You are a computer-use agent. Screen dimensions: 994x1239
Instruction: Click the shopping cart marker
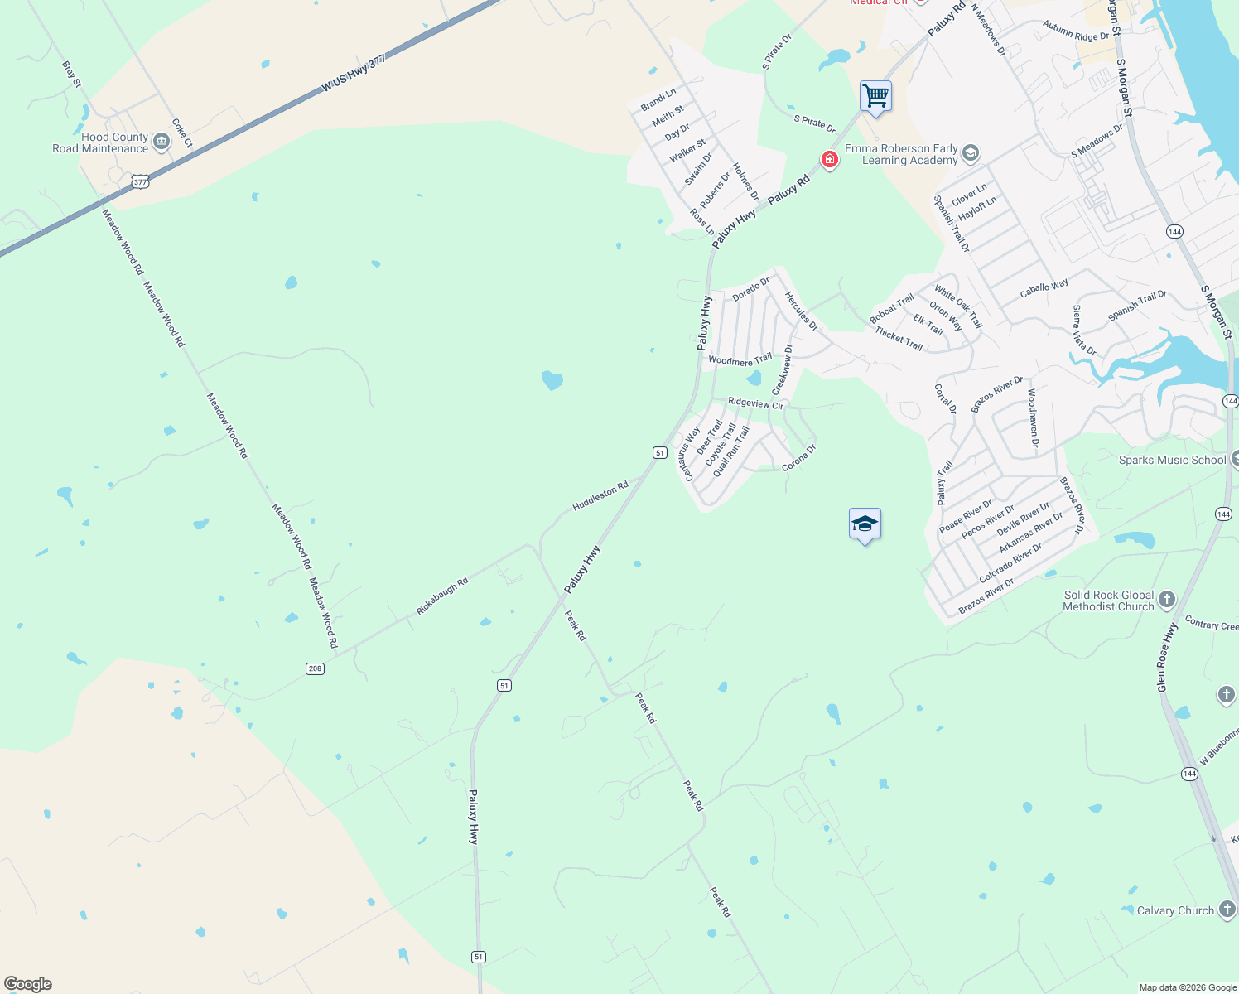pyautogui.click(x=875, y=97)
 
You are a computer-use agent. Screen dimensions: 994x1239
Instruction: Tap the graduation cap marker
pyautogui.click(x=865, y=524)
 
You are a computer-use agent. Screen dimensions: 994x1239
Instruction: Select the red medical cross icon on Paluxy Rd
pyautogui.click(x=829, y=159)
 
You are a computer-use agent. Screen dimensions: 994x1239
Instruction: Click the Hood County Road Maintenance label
pyautogui.click(x=101, y=143)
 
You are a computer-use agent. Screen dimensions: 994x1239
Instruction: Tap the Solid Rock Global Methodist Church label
pyautogui.click(x=1108, y=601)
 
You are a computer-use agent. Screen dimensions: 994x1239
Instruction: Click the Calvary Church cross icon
pyautogui.click(x=1227, y=910)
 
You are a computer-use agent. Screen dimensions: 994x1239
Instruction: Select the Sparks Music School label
pyautogui.click(x=1172, y=460)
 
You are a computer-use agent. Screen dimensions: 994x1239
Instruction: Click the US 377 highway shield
pyautogui.click(x=140, y=181)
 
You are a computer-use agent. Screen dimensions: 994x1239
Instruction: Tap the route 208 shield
pyautogui.click(x=315, y=668)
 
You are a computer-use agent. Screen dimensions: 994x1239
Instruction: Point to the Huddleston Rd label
pyautogui.click(x=600, y=496)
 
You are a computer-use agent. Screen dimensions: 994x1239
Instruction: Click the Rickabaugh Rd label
pyautogui.click(x=442, y=596)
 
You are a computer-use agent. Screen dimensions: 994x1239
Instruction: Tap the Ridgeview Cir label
pyautogui.click(x=755, y=403)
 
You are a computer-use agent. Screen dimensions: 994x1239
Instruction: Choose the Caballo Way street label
pyautogui.click(x=1044, y=288)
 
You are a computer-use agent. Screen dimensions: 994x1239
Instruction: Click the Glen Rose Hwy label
pyautogui.click(x=1168, y=658)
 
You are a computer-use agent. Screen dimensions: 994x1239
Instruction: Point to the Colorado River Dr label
pyautogui.click(x=1010, y=563)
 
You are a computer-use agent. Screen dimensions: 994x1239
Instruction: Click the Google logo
pyautogui.click(x=28, y=984)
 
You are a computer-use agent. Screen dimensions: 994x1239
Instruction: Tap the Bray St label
pyautogui.click(x=72, y=74)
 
